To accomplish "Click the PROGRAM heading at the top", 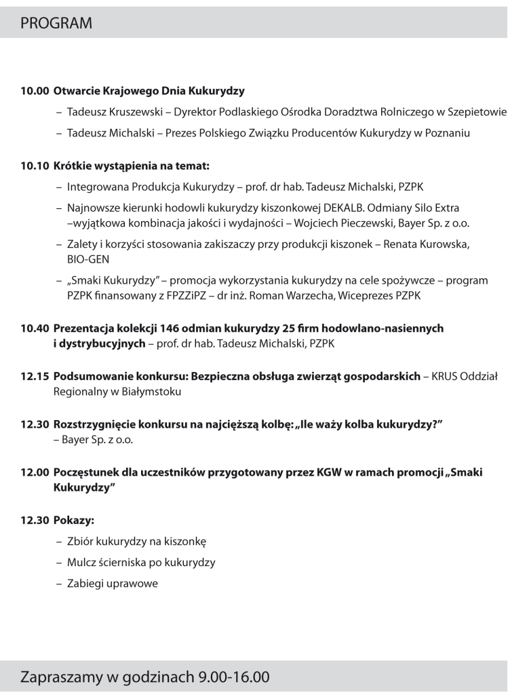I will pos(56,23).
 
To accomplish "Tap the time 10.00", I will pos(35,90).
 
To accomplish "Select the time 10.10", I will pos(35,165).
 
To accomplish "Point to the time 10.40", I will pos(35,328).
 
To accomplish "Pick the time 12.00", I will pos(35,472).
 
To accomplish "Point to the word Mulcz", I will pos(82,563).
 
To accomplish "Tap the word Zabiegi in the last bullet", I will pos(86,584).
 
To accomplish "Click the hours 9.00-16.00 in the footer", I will pos(234,677).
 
